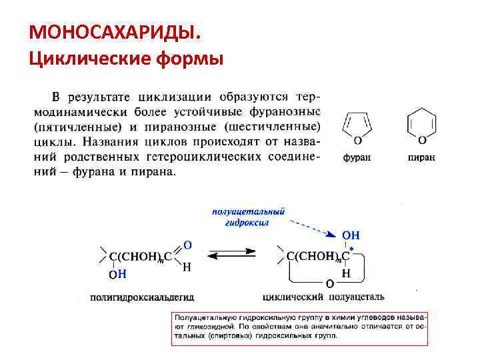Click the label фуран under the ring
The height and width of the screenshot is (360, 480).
click(x=357, y=158)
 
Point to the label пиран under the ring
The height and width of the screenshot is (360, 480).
click(x=421, y=158)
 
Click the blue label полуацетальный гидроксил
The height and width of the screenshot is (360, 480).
click(x=249, y=217)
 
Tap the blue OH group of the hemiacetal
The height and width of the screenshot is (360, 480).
click(x=351, y=235)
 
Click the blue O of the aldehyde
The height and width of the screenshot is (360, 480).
click(x=187, y=245)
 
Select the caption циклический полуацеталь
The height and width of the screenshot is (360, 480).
click(x=325, y=296)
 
